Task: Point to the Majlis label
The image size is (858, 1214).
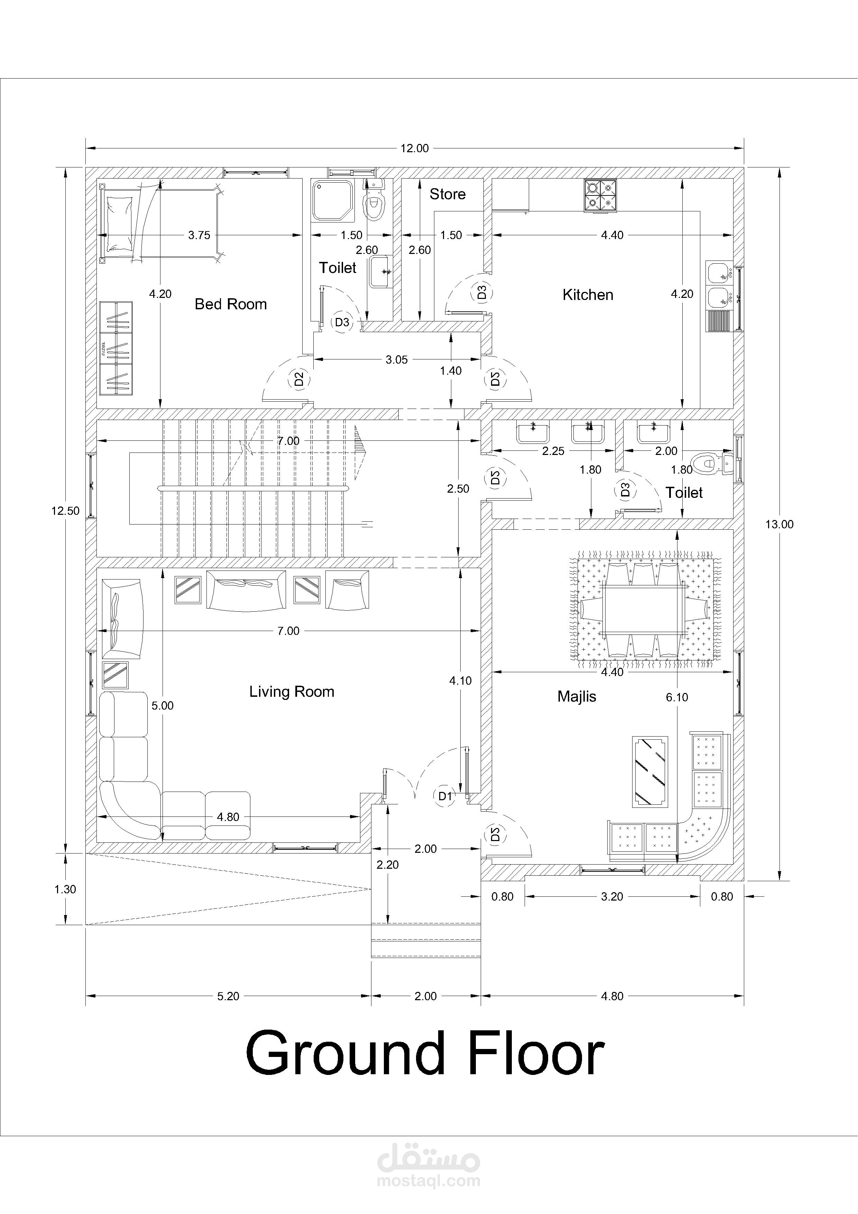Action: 577,696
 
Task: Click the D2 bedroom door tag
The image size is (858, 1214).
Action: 299,379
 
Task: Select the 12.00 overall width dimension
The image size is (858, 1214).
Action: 414,148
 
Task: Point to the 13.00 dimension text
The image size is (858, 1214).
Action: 779,524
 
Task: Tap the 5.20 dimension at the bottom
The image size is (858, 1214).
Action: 228,996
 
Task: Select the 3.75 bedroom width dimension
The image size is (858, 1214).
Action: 199,235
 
